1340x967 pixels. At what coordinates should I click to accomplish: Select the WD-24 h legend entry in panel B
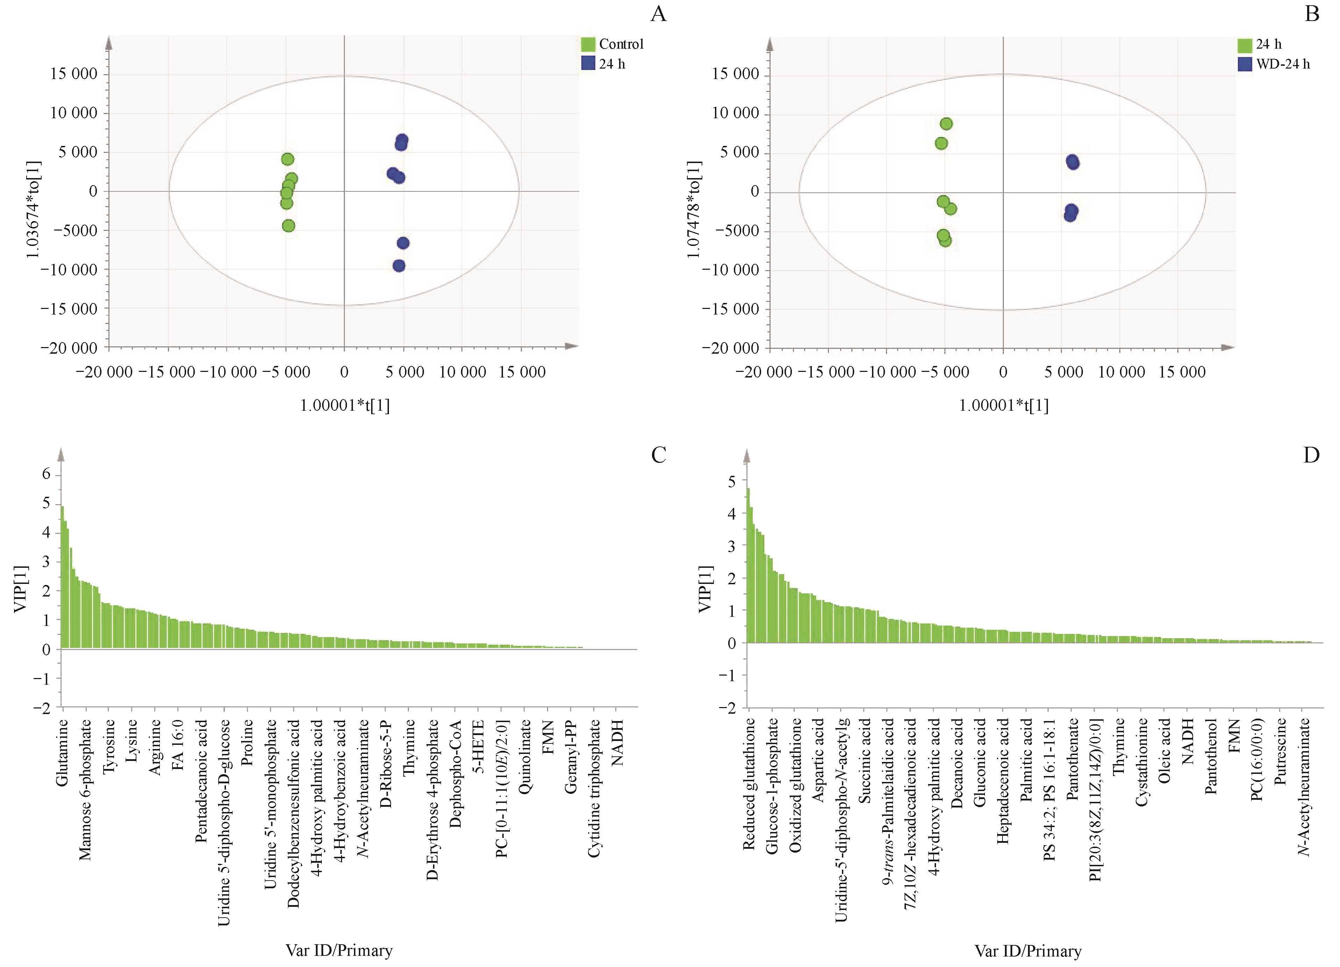[1282, 64]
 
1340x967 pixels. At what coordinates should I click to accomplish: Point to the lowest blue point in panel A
[399, 266]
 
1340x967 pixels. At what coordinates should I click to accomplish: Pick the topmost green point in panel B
[946, 123]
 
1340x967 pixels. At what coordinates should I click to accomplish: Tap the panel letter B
[1312, 13]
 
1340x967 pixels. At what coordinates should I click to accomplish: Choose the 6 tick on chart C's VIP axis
[46, 475]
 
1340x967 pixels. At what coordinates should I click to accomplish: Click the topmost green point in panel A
[288, 159]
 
